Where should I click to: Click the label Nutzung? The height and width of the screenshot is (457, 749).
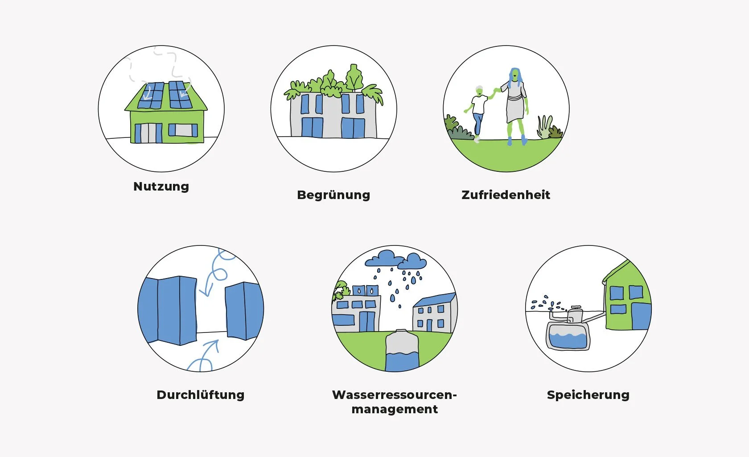click(x=161, y=186)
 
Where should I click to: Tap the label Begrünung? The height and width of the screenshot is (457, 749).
click(x=333, y=195)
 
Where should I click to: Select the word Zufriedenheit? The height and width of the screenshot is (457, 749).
click(x=506, y=195)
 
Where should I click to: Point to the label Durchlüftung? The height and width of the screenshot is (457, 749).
click(x=201, y=395)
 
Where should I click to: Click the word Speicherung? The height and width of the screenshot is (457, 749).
click(x=588, y=395)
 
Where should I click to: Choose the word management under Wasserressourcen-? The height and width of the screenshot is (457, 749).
click(x=395, y=409)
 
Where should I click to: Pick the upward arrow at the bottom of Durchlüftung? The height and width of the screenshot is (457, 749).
click(x=206, y=355)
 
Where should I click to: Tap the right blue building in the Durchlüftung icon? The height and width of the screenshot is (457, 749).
click(x=243, y=310)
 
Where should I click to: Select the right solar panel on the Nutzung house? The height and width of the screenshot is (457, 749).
click(x=180, y=95)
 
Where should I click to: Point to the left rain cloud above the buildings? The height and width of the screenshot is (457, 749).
click(x=385, y=258)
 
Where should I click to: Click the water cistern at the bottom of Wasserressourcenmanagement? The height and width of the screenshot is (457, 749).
click(x=402, y=351)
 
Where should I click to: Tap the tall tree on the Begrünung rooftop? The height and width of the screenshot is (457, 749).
click(x=354, y=78)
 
